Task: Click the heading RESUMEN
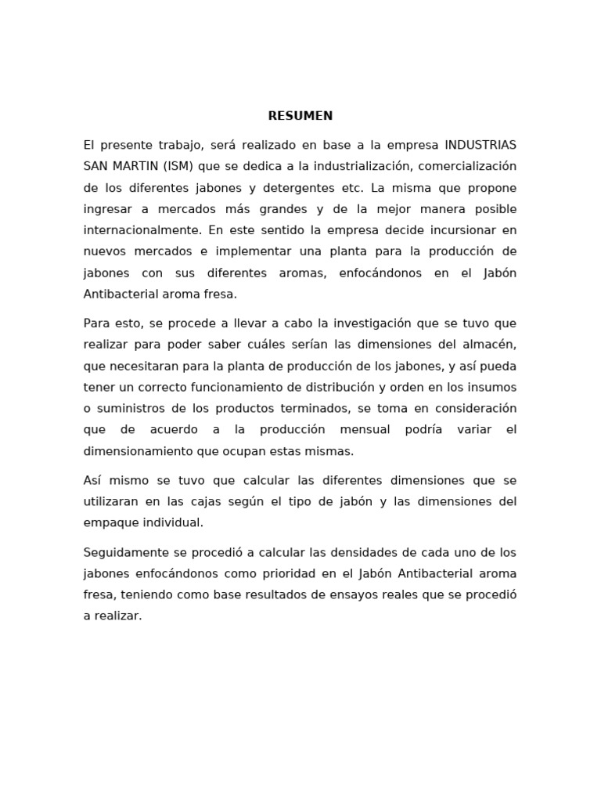click(x=300, y=116)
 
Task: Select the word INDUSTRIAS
click(x=480, y=146)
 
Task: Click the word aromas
click(x=312, y=273)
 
